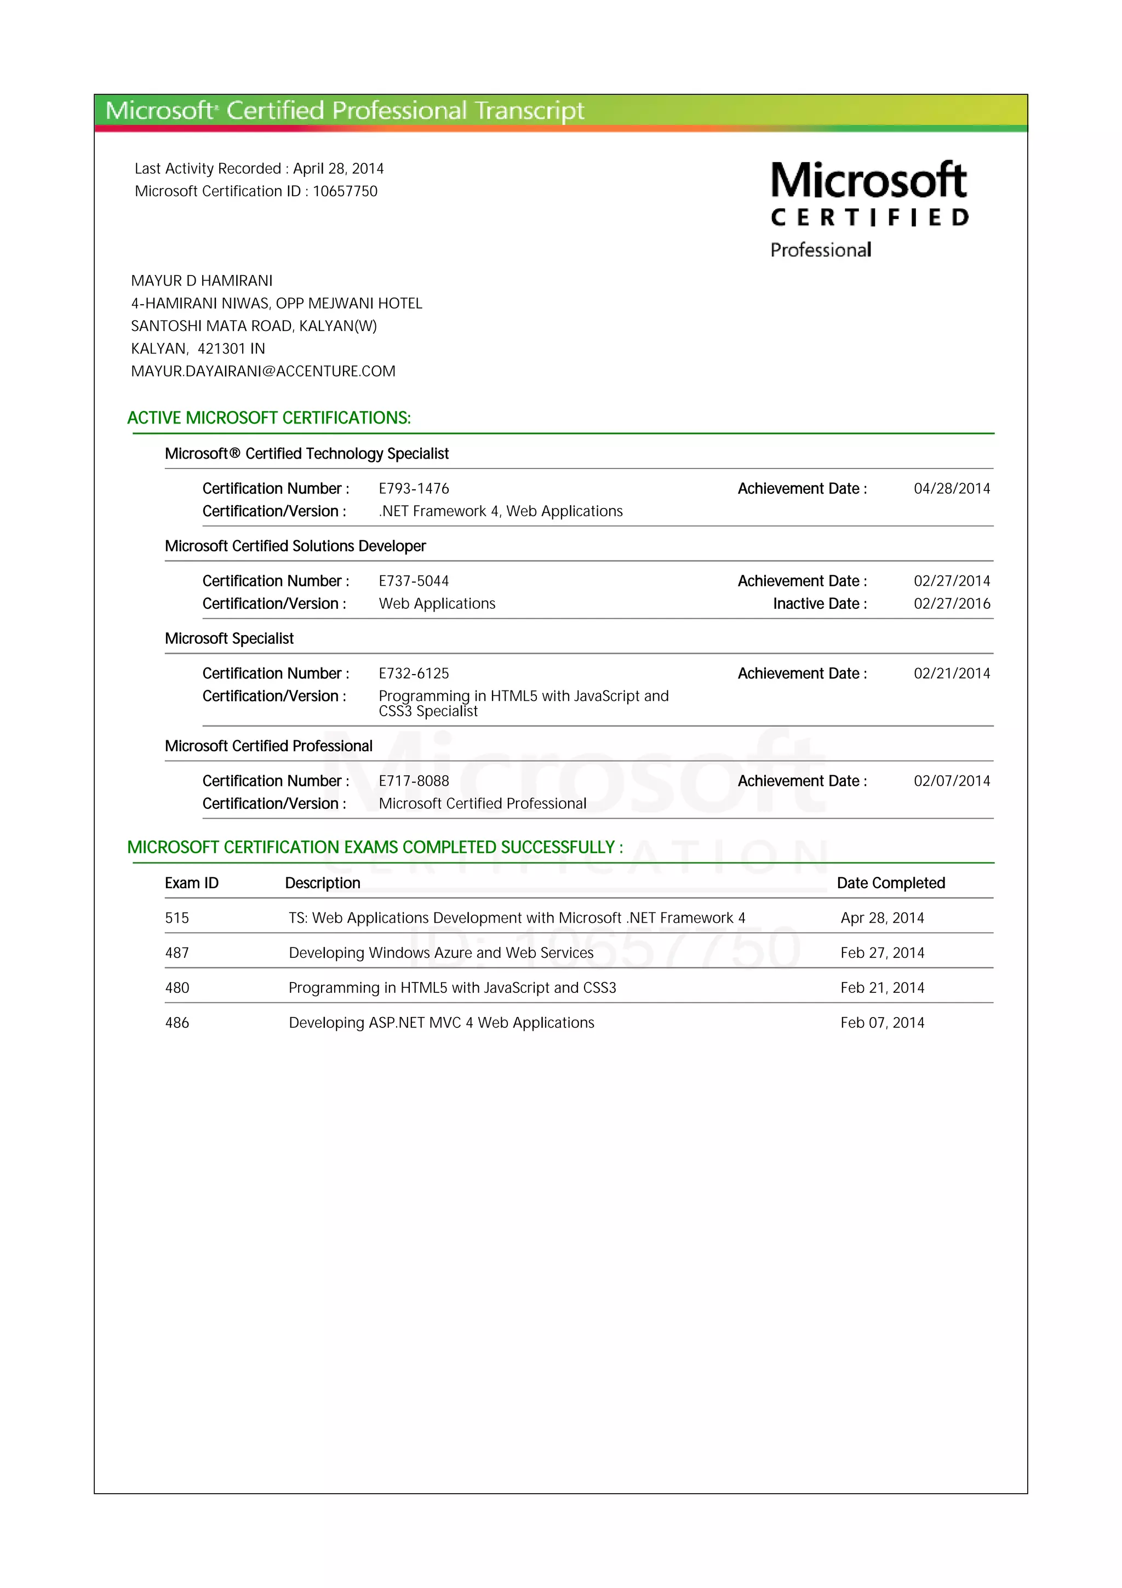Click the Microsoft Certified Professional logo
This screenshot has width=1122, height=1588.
point(869,209)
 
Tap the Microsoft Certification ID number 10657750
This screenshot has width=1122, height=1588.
point(345,192)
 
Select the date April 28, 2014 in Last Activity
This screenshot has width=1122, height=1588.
point(338,169)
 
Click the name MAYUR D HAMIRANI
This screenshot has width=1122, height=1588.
point(202,281)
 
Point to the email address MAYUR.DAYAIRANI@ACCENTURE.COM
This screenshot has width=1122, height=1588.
point(264,372)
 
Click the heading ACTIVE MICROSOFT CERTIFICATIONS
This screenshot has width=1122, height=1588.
point(269,418)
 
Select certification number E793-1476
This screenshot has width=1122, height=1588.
point(414,489)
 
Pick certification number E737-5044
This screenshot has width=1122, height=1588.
point(414,581)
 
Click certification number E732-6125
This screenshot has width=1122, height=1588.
point(414,673)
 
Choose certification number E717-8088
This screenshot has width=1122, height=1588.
point(414,781)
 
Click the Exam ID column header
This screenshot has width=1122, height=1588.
point(192,883)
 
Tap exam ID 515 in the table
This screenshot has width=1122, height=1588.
point(177,918)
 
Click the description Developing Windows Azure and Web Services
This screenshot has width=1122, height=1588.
point(441,953)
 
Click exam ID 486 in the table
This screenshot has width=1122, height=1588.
point(177,1023)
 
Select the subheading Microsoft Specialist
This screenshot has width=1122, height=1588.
point(229,639)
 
